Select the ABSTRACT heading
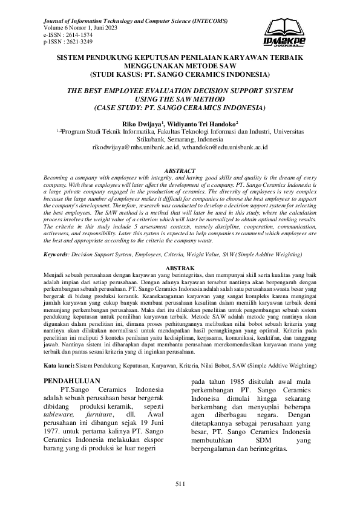(180, 172)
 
